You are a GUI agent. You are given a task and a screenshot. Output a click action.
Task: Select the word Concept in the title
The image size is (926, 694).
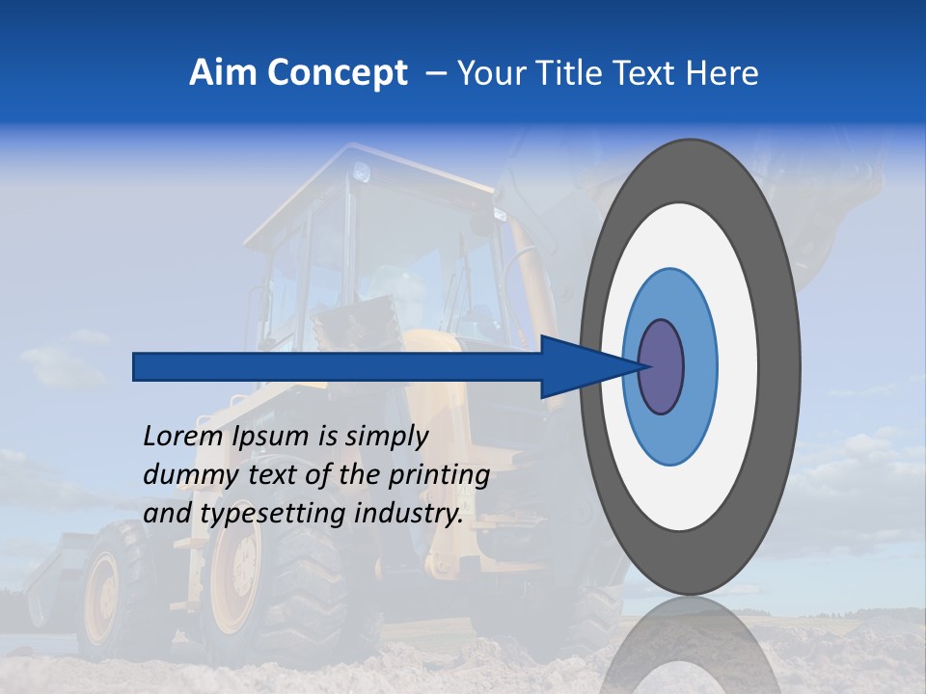(x=338, y=74)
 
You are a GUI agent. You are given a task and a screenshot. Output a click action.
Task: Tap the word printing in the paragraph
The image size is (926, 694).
(x=441, y=476)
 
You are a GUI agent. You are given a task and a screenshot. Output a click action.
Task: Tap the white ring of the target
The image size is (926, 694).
(x=737, y=367)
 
